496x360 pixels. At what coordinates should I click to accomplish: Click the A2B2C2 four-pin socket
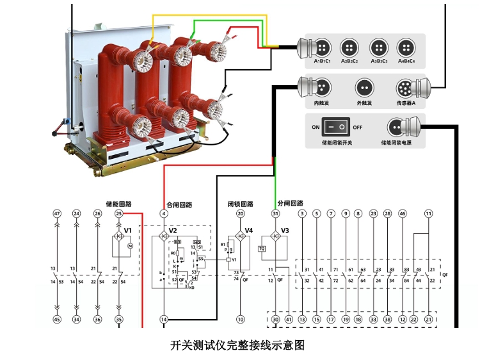[x=349, y=47]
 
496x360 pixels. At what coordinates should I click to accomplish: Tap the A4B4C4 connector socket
[x=405, y=47]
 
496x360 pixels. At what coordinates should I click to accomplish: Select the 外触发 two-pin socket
[x=364, y=86]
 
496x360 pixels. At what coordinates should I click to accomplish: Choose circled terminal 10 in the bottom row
[x=241, y=319]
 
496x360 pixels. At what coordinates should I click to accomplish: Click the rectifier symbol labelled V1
[x=118, y=236]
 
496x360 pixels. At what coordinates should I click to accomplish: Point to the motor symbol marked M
[x=129, y=245]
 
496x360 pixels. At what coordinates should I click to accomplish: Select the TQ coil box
[x=262, y=249]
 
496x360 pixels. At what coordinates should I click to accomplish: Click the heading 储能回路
[x=118, y=204]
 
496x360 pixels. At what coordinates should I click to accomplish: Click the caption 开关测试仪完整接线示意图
[x=237, y=345]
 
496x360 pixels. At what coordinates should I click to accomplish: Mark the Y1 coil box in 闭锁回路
[x=228, y=260]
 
